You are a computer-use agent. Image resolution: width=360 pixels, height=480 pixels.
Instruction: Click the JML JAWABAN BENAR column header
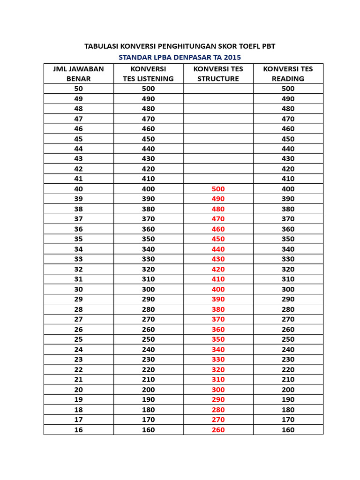(x=78, y=74)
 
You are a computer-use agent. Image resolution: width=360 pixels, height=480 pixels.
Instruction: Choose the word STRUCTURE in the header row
(x=218, y=79)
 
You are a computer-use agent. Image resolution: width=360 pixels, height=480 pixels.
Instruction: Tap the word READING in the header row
(x=288, y=79)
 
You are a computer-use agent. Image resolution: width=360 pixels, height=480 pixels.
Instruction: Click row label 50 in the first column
(x=78, y=89)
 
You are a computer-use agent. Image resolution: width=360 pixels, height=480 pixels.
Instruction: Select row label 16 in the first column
(x=78, y=430)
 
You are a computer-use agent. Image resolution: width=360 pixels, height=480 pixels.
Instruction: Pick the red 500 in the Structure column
(x=218, y=189)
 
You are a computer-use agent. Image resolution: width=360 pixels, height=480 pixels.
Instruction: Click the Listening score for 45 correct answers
(x=148, y=139)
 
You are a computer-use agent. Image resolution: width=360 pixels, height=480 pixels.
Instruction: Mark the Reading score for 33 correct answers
(x=288, y=259)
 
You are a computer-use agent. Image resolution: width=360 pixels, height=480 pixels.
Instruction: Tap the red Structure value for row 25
(x=218, y=339)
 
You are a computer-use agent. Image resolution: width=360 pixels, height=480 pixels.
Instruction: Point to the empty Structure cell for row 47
(x=218, y=119)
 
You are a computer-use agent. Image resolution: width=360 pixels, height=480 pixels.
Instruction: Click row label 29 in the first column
(x=78, y=299)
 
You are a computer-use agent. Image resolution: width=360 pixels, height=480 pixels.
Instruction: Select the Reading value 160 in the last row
(x=288, y=430)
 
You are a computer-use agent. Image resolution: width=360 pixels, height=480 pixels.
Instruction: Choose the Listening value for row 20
(x=148, y=390)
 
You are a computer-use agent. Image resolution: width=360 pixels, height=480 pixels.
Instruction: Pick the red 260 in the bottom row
(x=218, y=430)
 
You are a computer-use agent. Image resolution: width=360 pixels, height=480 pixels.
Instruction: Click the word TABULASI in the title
(x=101, y=46)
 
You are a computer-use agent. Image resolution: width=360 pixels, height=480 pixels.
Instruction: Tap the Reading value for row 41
(x=288, y=179)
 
